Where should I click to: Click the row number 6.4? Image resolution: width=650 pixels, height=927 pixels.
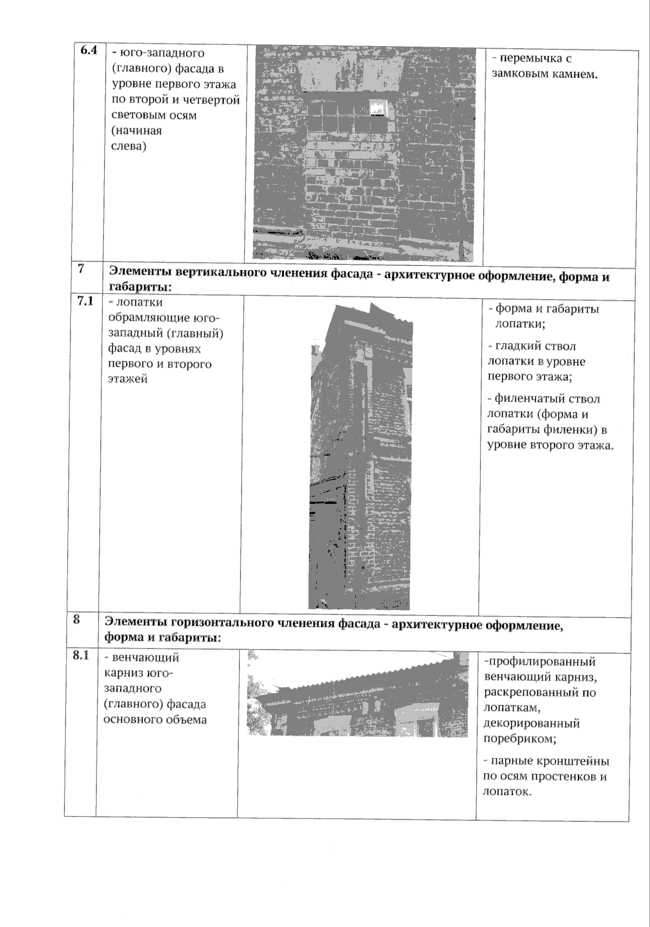(x=88, y=51)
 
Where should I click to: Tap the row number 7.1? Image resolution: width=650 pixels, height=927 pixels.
(x=85, y=301)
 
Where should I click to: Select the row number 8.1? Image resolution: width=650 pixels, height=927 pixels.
(x=81, y=655)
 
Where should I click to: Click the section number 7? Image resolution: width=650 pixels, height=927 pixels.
(x=81, y=269)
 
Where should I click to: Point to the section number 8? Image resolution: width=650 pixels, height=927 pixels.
(x=76, y=619)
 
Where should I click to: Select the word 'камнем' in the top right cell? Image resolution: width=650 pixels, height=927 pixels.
(x=575, y=74)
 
